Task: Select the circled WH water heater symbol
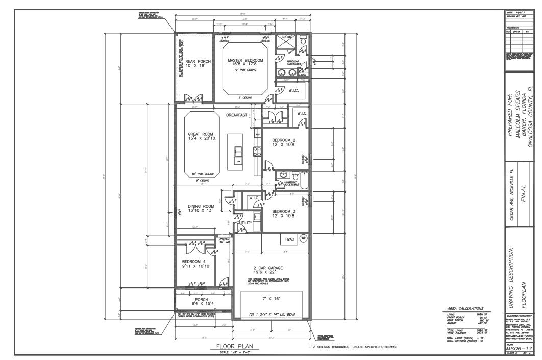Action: point(303,238)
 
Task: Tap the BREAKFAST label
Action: point(237,115)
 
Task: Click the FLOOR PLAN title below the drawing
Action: point(235,347)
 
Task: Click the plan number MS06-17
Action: point(519,348)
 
